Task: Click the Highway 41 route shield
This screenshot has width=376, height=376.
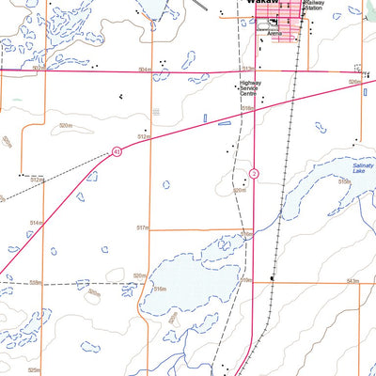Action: (117, 150)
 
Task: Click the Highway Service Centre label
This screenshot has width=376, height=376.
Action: (248, 88)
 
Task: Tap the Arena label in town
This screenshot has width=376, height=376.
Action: (274, 32)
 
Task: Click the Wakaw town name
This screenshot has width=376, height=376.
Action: (256, 3)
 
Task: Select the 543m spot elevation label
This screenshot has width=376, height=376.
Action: (352, 280)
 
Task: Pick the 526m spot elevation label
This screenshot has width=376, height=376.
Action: (353, 82)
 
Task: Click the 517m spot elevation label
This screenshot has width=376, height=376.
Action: (143, 227)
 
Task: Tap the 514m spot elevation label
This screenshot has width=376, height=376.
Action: (36, 223)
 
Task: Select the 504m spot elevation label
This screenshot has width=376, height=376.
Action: (143, 69)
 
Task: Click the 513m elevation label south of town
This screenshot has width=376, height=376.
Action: (247, 69)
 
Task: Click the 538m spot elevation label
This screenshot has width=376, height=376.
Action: (36, 281)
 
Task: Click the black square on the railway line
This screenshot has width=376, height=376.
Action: (272, 278)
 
